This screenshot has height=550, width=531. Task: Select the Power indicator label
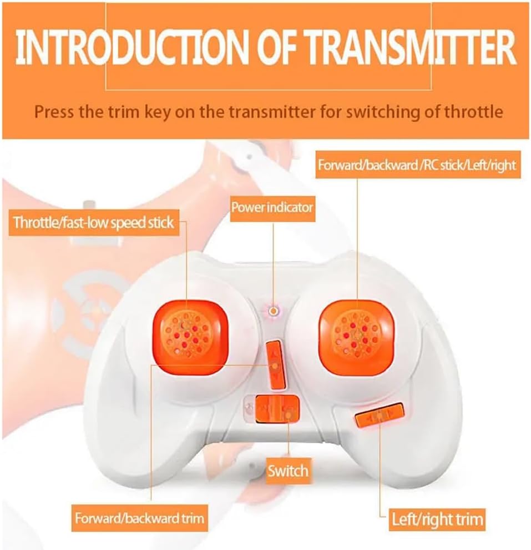(272, 207)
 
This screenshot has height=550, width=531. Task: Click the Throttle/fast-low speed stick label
(94, 222)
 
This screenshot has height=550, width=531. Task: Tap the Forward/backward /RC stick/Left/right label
(417, 164)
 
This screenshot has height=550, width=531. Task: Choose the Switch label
(288, 471)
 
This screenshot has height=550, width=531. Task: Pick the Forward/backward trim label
(139, 518)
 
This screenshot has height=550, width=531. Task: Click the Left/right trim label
(437, 519)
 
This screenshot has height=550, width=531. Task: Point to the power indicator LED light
(273, 311)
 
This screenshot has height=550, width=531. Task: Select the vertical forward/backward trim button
(275, 365)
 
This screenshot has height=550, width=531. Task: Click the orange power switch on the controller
(277, 409)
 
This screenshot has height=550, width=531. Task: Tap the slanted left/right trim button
(380, 414)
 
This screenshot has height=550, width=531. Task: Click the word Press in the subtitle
(54, 112)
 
